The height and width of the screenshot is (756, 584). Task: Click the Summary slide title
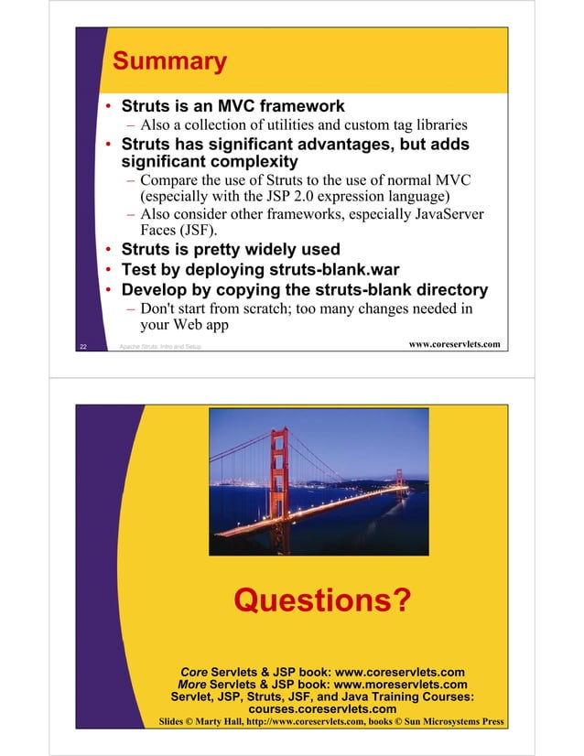[169, 62]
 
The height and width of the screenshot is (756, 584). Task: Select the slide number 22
[83, 347]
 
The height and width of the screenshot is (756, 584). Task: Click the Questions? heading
[322, 601]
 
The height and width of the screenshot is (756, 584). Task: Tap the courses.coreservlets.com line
[322, 709]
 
